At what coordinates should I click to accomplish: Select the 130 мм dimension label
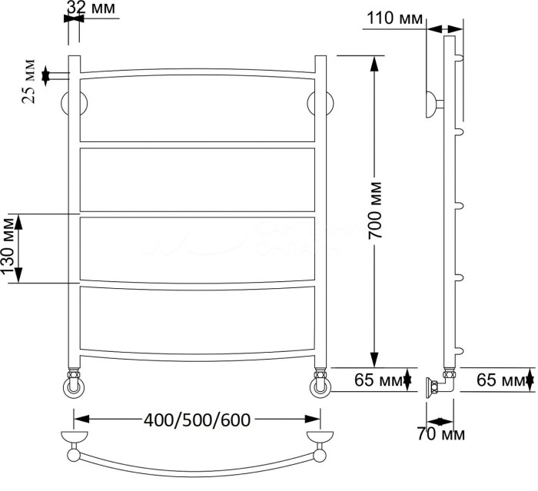pos(10,248)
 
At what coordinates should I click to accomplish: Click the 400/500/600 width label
pos(198,420)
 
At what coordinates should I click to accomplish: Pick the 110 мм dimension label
pos(393,17)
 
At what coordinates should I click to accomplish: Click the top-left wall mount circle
pos(75,105)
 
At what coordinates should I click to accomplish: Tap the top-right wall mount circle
pos(321,105)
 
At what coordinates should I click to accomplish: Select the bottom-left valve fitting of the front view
pos(74,384)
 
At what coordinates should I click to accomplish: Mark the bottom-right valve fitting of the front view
pos(321,384)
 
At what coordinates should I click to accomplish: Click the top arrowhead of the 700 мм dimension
pos(375,62)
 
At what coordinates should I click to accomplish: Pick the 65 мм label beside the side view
pos(500,380)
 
